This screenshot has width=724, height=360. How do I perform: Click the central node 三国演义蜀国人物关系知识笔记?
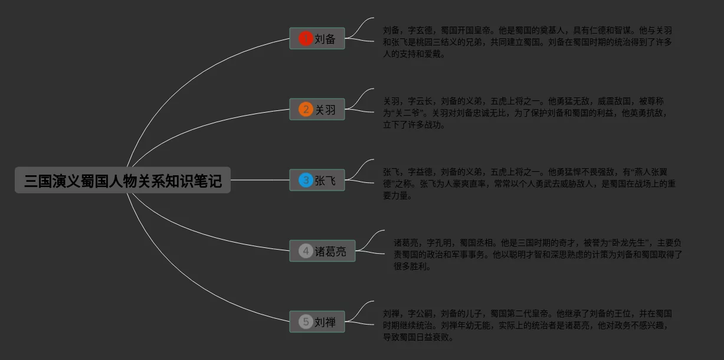[123, 180]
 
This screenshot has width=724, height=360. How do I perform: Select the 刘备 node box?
[317, 39]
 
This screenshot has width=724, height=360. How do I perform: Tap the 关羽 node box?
[317, 110]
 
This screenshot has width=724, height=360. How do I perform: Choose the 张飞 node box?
[317, 181]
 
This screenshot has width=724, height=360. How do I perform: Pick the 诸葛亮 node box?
[322, 251]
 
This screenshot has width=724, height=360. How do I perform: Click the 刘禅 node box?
[317, 322]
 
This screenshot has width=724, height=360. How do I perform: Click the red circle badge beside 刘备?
[305, 39]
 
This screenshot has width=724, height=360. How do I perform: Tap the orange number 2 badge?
[305, 110]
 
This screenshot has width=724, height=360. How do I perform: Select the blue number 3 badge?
[305, 181]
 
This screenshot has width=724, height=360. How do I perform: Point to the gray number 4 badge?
[305, 251]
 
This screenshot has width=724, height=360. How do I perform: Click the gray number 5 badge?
[305, 322]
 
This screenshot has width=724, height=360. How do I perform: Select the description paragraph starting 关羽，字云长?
[525, 113]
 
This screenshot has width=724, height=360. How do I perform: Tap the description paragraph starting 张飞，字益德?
[529, 184]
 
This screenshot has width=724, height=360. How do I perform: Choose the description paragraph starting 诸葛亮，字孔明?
[538, 254]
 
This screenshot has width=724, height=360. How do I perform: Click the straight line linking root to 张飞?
[260, 180]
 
